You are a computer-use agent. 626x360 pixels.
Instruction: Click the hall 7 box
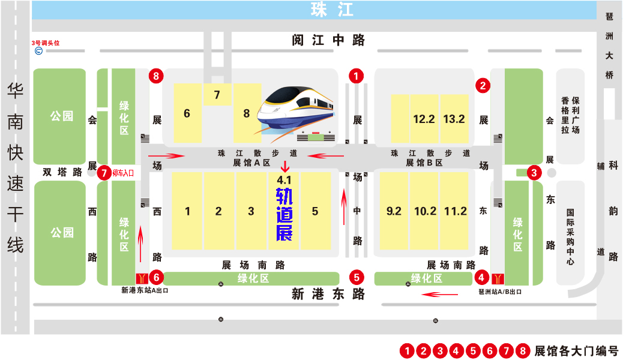coord(217,95)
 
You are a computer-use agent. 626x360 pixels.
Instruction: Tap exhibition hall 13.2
coord(454,119)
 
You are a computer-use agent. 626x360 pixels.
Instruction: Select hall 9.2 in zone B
coord(394,211)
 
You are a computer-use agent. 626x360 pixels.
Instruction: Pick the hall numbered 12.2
coord(424,119)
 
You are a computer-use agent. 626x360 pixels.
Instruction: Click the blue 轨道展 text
coord(284,215)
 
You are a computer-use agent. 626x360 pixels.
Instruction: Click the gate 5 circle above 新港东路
coord(357,277)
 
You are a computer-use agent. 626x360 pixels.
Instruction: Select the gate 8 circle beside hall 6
coord(157,76)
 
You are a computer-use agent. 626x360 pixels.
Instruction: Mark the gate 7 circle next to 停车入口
coord(104,173)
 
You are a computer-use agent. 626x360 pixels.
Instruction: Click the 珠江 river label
coord(332,10)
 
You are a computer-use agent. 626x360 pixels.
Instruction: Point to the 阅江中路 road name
coord(328,40)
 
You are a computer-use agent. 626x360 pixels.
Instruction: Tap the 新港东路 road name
coord(328,294)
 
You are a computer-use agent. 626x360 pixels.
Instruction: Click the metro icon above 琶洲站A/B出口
coord(498,278)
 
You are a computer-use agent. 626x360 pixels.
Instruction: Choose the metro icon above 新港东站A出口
coord(142,278)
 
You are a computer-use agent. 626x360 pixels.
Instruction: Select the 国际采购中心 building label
coord(570,236)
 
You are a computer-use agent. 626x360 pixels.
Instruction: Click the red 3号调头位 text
coord(46,43)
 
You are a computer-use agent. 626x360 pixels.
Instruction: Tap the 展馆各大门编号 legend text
coord(576,351)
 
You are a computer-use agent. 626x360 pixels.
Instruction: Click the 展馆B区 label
coord(424,163)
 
